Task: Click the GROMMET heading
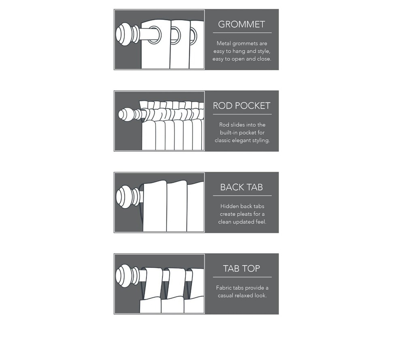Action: click(241, 24)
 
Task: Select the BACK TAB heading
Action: click(241, 187)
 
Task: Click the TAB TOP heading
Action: click(241, 268)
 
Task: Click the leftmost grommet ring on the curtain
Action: click(154, 34)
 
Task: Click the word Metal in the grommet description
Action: click(224, 43)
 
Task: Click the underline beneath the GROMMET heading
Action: click(242, 33)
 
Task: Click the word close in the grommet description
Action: click(264, 59)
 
